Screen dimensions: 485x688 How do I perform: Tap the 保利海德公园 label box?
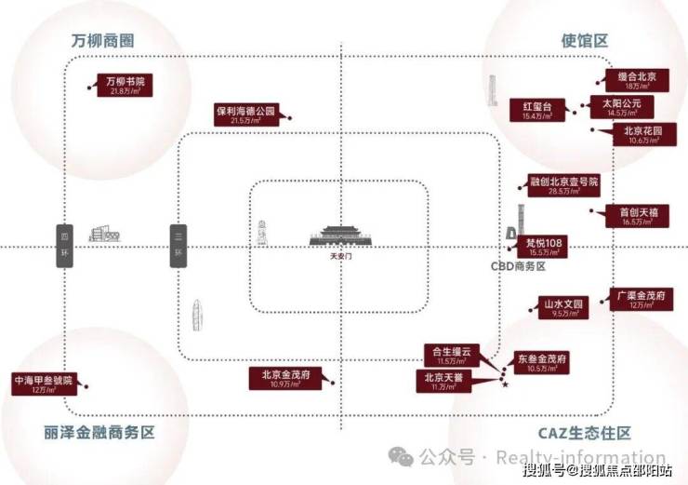(246, 115)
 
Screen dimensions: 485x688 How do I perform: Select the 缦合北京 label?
(637, 80)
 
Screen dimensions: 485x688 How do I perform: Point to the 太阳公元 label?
(617, 107)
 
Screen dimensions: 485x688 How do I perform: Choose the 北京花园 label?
(637, 136)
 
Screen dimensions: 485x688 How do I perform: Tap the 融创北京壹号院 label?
(564, 185)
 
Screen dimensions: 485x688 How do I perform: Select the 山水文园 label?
(564, 308)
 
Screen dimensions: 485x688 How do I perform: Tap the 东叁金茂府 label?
(542, 362)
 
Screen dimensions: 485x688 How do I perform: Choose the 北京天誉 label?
(443, 380)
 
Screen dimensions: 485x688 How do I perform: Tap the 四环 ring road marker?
(64, 247)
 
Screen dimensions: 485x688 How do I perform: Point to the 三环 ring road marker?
(178, 247)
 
